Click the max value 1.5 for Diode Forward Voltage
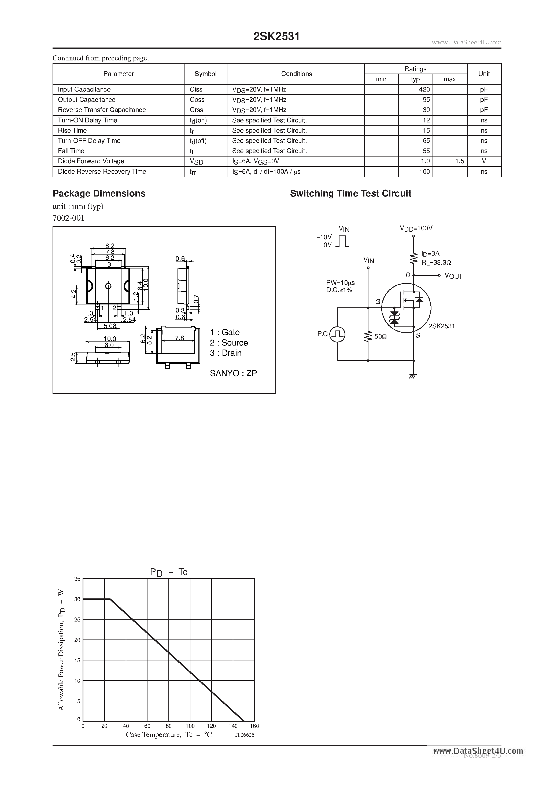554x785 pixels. pos(459,161)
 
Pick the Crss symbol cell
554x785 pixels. pos(196,110)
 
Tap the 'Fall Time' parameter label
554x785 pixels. pos(71,151)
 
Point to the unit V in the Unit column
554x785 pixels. pos(484,161)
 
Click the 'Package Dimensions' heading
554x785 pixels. pos(99,194)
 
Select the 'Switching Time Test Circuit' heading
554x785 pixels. pos(350,194)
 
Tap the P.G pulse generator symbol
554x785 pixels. pos(337,334)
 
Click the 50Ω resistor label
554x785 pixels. pos(381,336)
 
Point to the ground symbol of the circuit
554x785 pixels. pos(413,376)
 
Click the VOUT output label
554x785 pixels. pos(453,276)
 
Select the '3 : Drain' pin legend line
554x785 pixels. pos(226,353)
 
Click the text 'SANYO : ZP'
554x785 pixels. pos(233,373)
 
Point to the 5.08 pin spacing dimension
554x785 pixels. pos(110,326)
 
